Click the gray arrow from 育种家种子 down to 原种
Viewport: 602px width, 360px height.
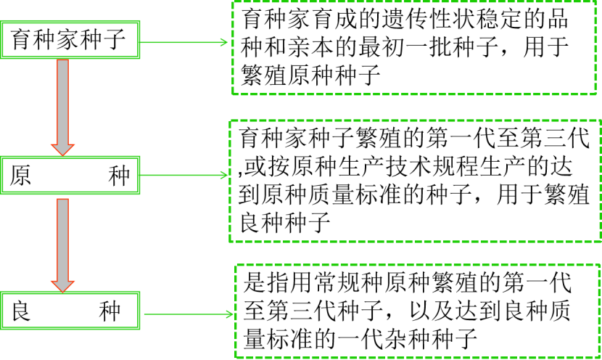64,105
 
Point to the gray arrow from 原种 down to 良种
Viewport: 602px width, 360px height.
64,243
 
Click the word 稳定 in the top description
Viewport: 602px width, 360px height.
508,20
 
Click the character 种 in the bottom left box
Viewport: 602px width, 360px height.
109,311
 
